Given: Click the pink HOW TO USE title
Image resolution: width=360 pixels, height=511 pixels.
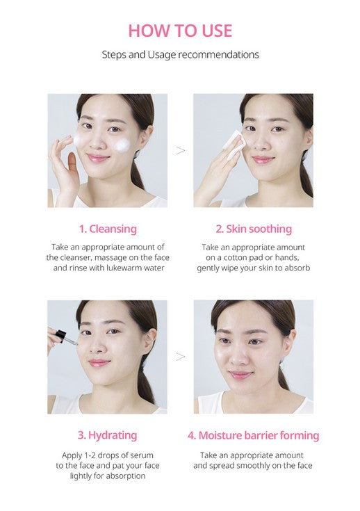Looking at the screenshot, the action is pyautogui.click(x=180, y=31).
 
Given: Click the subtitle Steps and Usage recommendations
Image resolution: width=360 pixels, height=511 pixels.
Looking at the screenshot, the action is pyautogui.click(x=180, y=54).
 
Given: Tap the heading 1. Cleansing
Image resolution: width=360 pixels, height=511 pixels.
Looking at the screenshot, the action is pyautogui.click(x=108, y=229).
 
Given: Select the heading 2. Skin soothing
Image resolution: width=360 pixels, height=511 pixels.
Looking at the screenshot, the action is pyautogui.click(x=254, y=229).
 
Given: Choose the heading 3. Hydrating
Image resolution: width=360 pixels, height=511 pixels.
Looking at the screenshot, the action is pyautogui.click(x=107, y=435).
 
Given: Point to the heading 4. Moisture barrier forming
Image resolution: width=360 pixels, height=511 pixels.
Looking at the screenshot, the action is pyautogui.click(x=253, y=435).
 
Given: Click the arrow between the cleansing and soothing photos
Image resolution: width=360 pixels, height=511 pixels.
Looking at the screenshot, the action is pyautogui.click(x=180, y=150).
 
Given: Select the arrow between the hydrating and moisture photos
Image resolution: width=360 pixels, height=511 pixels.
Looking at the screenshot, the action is pyautogui.click(x=180, y=357).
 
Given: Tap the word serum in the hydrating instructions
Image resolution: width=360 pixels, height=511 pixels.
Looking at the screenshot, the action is pyautogui.click(x=142, y=455).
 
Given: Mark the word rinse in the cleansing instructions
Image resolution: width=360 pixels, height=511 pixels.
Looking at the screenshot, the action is pyautogui.click(x=78, y=268).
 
